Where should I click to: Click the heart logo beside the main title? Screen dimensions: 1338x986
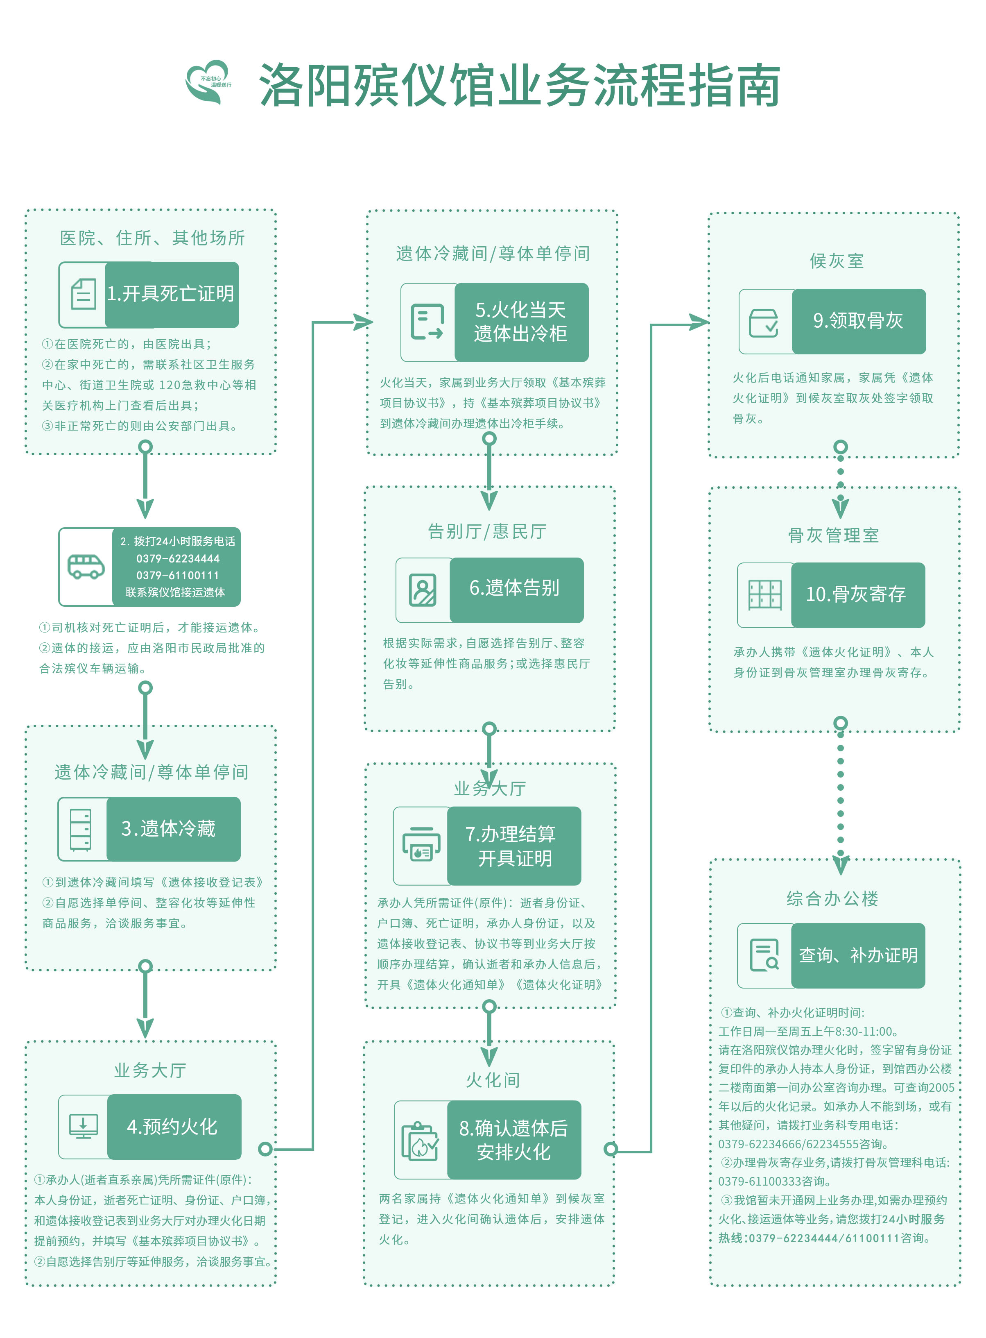208,82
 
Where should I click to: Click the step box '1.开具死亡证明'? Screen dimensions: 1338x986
171,294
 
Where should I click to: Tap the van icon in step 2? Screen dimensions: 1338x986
85,566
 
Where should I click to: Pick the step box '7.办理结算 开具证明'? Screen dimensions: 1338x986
514,846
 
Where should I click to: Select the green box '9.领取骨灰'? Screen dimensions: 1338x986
858,321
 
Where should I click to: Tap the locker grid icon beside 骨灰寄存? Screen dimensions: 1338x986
764,595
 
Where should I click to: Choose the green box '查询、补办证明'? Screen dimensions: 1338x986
858,955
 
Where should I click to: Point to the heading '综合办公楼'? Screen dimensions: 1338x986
832,898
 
